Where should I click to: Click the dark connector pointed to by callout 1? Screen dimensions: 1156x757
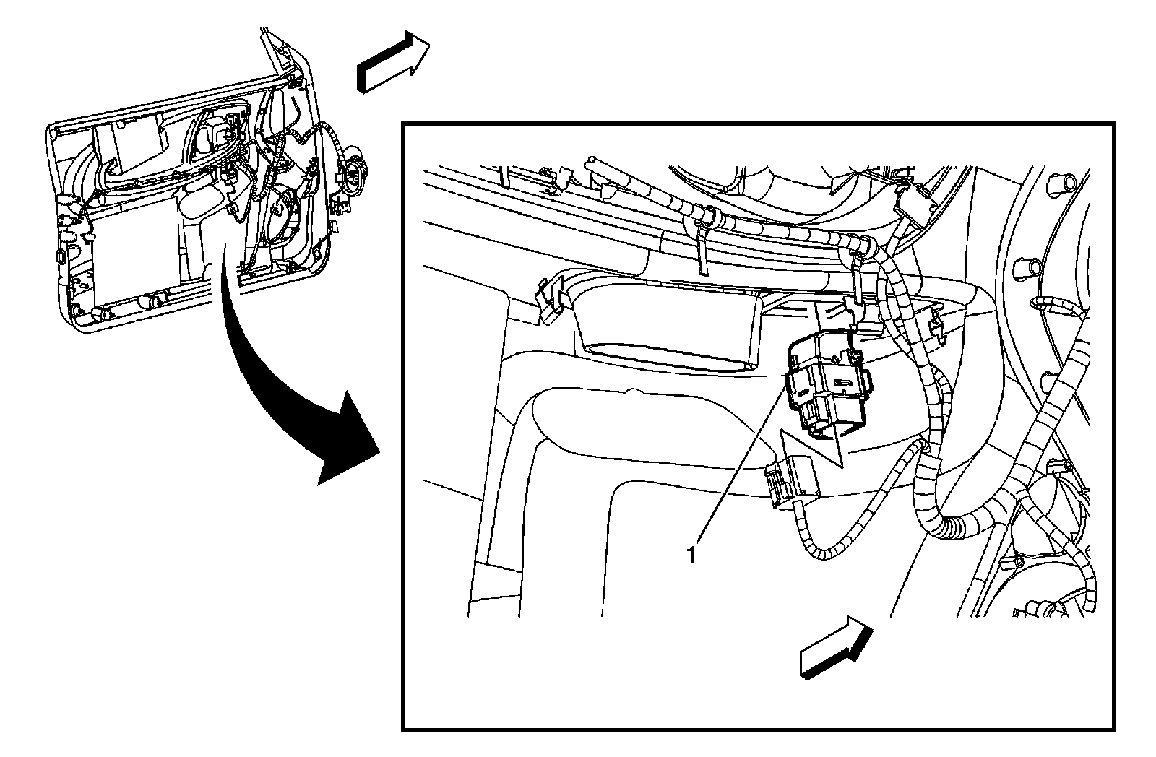pyautogui.click(x=828, y=386)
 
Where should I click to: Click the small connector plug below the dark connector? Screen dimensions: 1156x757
pyautogui.click(x=792, y=480)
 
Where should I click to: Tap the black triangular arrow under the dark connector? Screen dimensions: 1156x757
pyautogui.click(x=816, y=448)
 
